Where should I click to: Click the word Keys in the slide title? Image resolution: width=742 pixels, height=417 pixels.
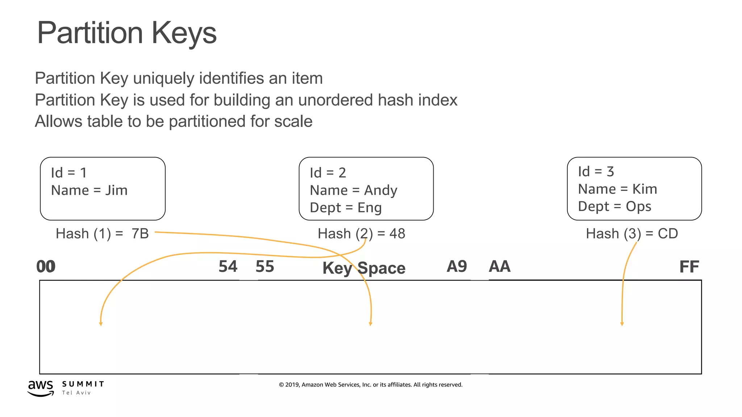tap(184, 33)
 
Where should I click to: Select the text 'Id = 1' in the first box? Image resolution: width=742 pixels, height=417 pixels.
tap(69, 173)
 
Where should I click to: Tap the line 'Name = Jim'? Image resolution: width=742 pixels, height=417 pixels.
tap(89, 190)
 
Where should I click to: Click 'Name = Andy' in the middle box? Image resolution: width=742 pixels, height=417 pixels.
tap(353, 190)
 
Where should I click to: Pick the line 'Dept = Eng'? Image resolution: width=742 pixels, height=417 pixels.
tap(346, 208)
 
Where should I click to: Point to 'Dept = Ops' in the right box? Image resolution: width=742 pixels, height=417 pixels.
tap(614, 206)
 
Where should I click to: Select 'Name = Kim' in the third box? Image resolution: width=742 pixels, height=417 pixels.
tap(617, 189)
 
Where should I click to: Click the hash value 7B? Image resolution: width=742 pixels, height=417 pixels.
tap(140, 233)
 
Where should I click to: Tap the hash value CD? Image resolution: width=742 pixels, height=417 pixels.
tap(668, 233)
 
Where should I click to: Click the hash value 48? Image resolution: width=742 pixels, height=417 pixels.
tap(397, 233)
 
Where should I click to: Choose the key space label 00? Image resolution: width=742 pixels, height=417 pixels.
tap(46, 266)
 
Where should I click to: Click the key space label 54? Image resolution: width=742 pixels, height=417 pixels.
tap(228, 266)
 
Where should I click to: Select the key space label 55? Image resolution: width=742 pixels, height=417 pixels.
tap(265, 266)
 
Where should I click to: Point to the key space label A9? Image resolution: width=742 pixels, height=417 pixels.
tap(457, 266)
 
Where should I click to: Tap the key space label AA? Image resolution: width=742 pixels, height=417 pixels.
tap(500, 266)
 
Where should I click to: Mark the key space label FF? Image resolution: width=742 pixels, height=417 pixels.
tap(689, 267)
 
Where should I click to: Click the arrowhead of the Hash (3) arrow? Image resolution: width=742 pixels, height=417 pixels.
tap(622, 324)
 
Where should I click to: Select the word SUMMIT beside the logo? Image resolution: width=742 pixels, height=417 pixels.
tap(83, 384)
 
